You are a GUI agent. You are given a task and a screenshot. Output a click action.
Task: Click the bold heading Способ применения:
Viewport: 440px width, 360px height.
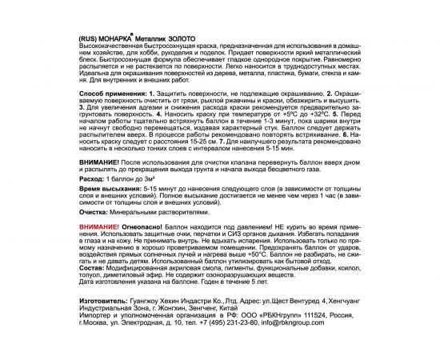tap(114, 117)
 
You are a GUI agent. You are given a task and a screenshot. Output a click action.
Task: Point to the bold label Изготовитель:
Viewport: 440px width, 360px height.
tap(104, 316)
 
